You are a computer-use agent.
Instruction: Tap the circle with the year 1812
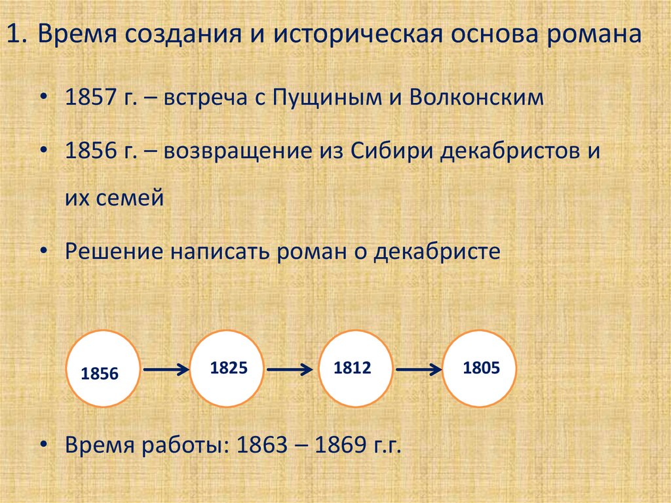354,368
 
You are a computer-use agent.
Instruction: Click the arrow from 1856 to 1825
166,372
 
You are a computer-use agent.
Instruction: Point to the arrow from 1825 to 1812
292,371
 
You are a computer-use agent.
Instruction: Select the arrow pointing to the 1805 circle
417,371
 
